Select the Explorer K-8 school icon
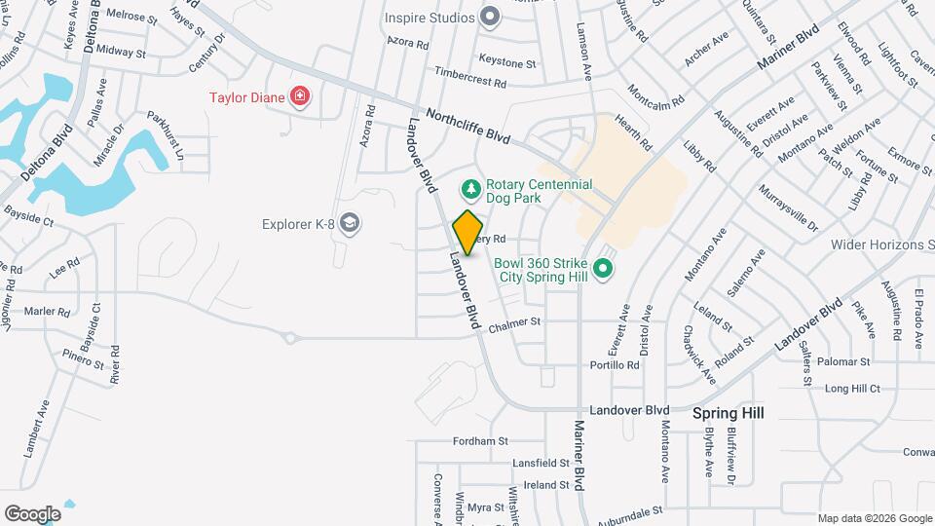coord(351,225)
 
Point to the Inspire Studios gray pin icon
coord(490,17)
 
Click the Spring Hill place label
coord(728,413)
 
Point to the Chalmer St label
coord(514,322)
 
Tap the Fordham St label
coord(481,440)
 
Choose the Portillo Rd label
coord(615,365)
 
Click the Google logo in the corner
coord(32,513)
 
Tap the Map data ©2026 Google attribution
coord(873,517)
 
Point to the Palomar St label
coord(843,361)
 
